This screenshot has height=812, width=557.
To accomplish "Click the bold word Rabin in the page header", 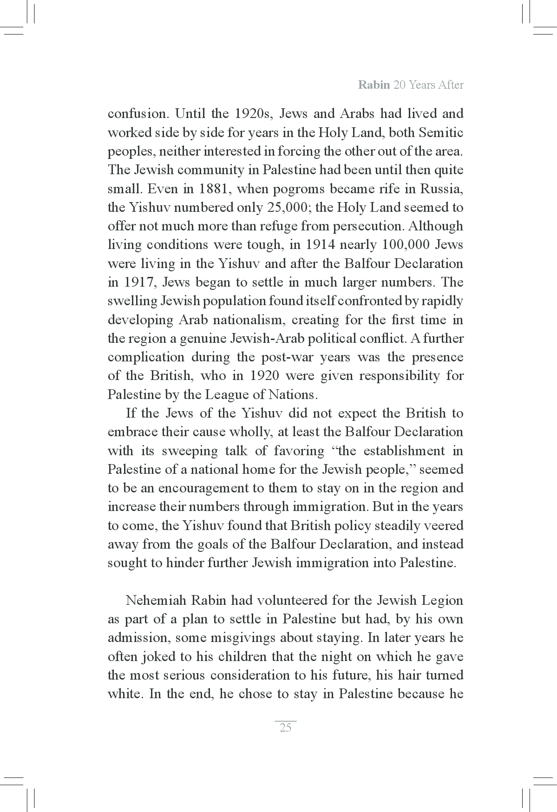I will [x=374, y=85].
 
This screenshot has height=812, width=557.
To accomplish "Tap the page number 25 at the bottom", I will [x=285, y=727].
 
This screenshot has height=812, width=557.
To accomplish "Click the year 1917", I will [x=139, y=282].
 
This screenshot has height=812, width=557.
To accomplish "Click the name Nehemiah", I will [x=156, y=601].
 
